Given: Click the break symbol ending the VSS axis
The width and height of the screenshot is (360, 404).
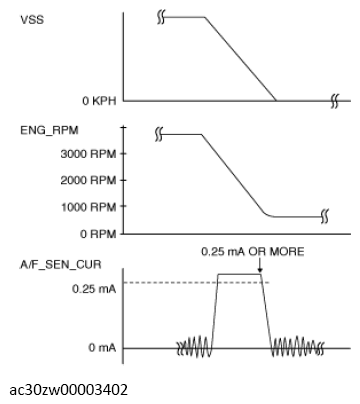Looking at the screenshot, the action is click(x=335, y=100).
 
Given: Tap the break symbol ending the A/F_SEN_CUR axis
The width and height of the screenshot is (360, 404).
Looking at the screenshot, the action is click(x=335, y=347).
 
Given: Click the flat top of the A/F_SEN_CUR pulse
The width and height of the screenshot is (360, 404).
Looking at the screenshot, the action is click(x=240, y=274).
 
